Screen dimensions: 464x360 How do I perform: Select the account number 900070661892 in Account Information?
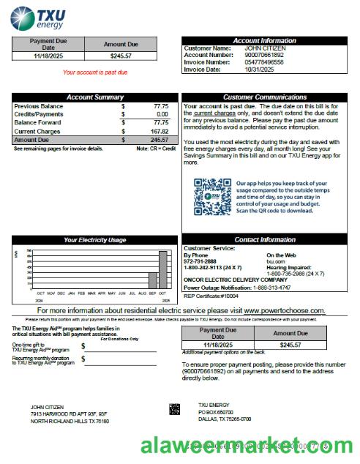(x=244, y=55)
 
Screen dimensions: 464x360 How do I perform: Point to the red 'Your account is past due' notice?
(x=95, y=72)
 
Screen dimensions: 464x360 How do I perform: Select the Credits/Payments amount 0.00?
(x=162, y=115)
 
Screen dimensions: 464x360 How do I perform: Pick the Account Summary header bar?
(x=95, y=97)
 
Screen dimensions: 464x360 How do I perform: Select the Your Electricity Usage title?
(x=95, y=240)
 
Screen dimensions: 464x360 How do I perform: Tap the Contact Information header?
(x=265, y=240)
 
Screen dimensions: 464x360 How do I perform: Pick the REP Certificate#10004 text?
(x=211, y=295)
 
